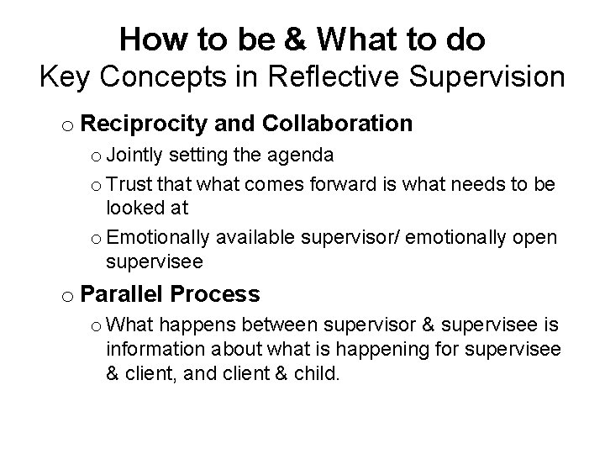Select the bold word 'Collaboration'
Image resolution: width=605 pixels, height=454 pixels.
coord(337,124)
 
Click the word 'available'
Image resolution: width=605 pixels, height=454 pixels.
coord(249,237)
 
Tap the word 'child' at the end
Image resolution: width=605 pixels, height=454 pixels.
coord(314,372)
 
